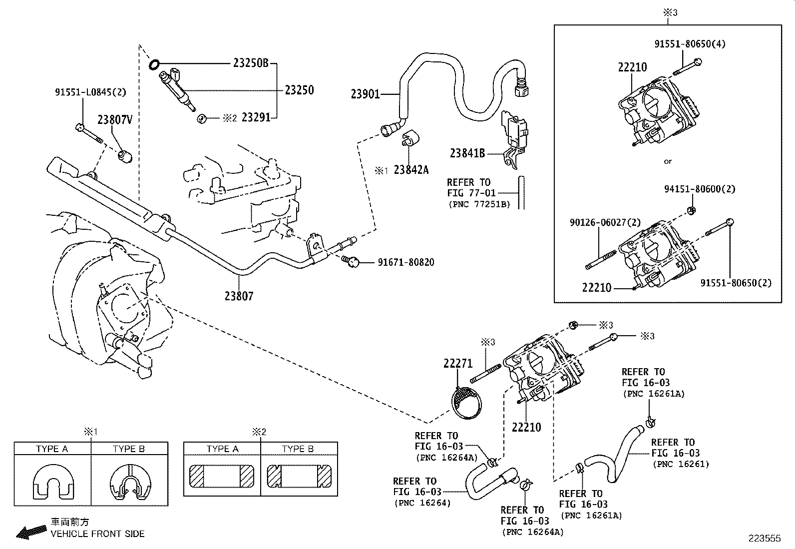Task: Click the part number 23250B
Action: (x=251, y=63)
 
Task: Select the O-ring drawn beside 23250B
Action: (x=154, y=64)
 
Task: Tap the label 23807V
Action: (x=115, y=119)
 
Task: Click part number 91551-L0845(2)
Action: (x=90, y=92)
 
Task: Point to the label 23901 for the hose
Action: (x=365, y=94)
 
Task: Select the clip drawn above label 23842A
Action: (x=410, y=138)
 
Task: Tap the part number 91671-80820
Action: (x=405, y=262)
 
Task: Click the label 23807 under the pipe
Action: (x=239, y=296)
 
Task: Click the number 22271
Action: (x=457, y=364)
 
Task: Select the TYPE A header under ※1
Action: (x=52, y=449)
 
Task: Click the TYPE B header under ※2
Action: (x=298, y=449)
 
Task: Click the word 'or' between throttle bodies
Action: (x=668, y=161)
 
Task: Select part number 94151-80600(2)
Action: (x=699, y=189)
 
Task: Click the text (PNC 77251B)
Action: (x=478, y=204)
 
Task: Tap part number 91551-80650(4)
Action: (x=690, y=44)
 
